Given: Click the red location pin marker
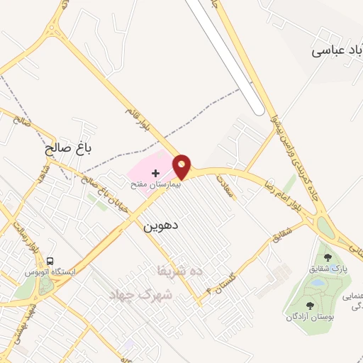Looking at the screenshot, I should coord(182,167).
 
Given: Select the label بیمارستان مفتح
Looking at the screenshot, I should coord(155,184).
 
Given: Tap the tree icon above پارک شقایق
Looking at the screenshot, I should coord(327,257).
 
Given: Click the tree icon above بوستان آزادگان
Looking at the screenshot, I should coord(310,306).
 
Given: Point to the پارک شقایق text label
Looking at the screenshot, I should coord(328,269).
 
